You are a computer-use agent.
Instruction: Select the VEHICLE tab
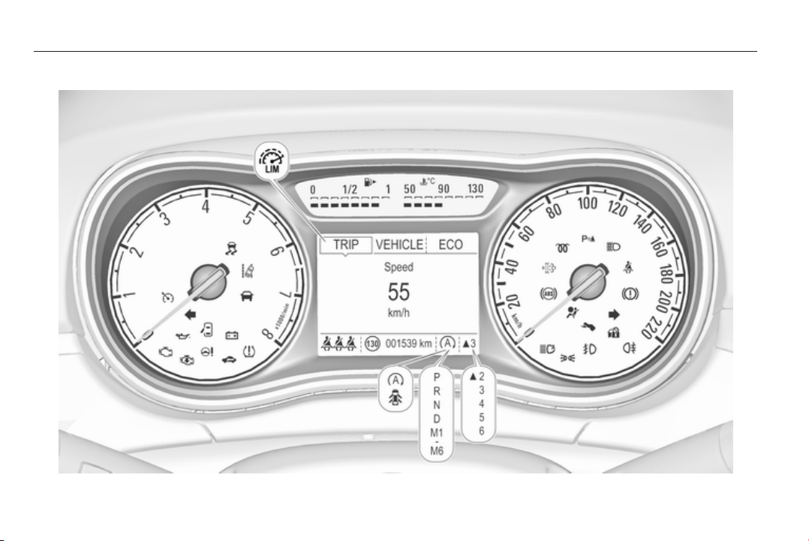(x=398, y=245)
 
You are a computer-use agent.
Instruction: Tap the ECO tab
(x=450, y=245)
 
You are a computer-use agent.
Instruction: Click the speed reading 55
(x=398, y=293)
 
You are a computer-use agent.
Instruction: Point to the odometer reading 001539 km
(x=409, y=343)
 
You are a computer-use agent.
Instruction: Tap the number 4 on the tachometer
(x=205, y=207)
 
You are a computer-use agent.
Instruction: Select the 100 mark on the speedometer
(x=587, y=203)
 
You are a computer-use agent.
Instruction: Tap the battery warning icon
(x=232, y=335)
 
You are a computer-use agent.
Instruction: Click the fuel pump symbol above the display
(x=368, y=182)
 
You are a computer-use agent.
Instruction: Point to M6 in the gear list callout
(x=438, y=450)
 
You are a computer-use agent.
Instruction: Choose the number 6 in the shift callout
(x=481, y=430)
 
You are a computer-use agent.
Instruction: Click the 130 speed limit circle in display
(x=373, y=344)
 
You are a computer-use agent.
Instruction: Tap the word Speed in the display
(x=398, y=266)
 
